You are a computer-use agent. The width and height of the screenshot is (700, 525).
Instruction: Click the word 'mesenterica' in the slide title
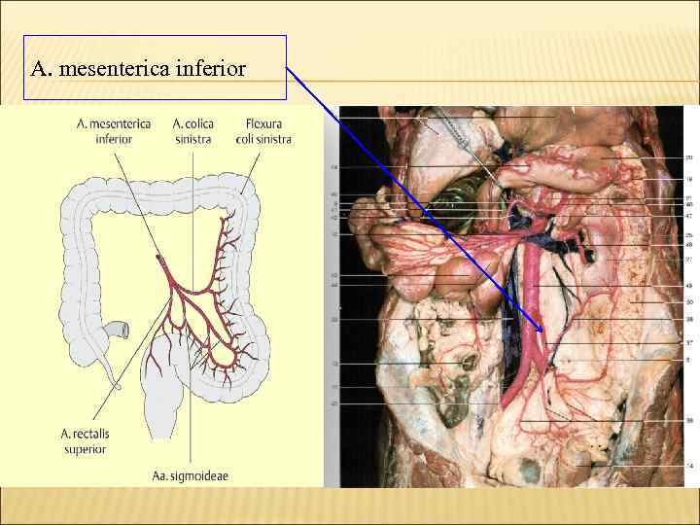pyautogui.click(x=107, y=69)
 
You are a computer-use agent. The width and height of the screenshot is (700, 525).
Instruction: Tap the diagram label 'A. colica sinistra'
pyautogui.click(x=193, y=131)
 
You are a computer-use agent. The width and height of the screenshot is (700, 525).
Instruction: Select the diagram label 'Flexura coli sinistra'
pyautogui.click(x=263, y=131)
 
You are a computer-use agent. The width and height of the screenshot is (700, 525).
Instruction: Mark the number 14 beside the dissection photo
pyautogui.click(x=688, y=467)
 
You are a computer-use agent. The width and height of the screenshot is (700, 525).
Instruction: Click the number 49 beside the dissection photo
pyautogui.click(x=688, y=285)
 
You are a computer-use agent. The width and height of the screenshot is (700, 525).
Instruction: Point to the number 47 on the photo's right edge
pyautogui.click(x=688, y=216)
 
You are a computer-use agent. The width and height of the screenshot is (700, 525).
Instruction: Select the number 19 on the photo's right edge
pyautogui.click(x=688, y=179)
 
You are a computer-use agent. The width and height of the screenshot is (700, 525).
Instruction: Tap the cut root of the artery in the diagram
pyautogui.click(x=157, y=259)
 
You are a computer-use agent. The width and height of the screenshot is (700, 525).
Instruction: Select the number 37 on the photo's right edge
pyautogui.click(x=688, y=342)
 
